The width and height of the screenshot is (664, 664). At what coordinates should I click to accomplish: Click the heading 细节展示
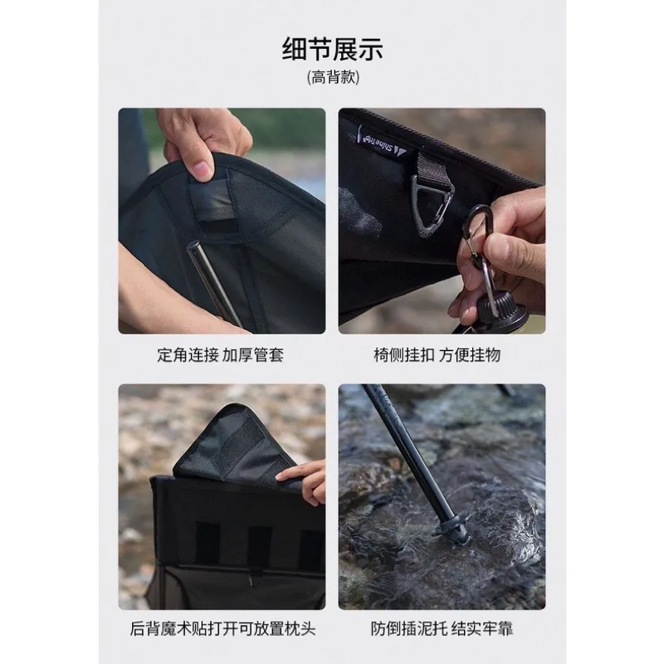[x=333, y=49]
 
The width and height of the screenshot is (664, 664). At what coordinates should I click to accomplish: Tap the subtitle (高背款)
[x=333, y=77]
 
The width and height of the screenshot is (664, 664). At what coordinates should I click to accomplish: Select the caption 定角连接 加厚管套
[x=221, y=355]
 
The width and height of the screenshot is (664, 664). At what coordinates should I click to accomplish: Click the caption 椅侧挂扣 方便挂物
[x=437, y=355]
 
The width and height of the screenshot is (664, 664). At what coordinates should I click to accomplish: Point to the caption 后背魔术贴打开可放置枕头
[x=222, y=628]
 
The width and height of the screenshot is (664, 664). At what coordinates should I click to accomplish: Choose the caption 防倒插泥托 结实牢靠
[x=442, y=628]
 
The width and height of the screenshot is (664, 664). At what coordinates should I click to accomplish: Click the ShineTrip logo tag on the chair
[x=379, y=144]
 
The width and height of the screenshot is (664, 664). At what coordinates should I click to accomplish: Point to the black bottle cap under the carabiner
[x=500, y=308]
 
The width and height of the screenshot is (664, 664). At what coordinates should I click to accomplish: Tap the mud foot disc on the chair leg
[x=452, y=527]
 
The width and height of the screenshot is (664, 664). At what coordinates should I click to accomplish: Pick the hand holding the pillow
[x=303, y=481]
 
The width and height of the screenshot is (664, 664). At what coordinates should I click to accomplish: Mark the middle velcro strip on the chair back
[x=259, y=545]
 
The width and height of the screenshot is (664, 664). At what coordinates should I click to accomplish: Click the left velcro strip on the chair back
[x=207, y=544]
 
